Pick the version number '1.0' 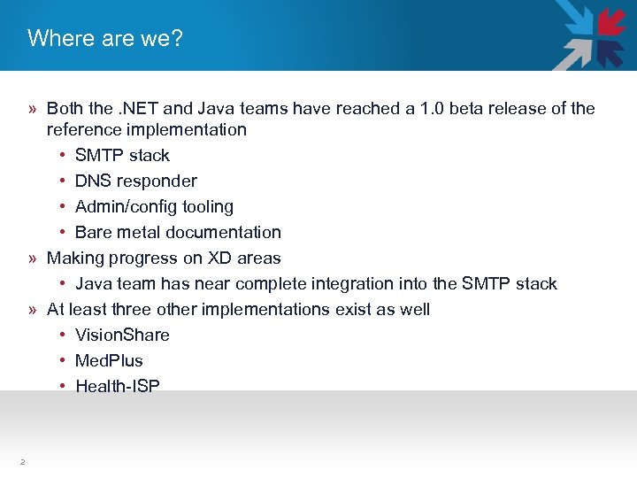click(434, 109)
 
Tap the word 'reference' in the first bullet click(85, 130)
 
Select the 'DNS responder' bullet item click(135, 181)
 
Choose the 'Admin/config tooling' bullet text click(154, 207)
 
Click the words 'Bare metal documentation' click(178, 233)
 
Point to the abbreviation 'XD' click(219, 258)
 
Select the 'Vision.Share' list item click(122, 335)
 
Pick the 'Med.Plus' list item click(109, 361)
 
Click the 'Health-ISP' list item click(118, 387)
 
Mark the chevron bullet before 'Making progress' click(32, 258)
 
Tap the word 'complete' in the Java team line click(293, 284)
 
